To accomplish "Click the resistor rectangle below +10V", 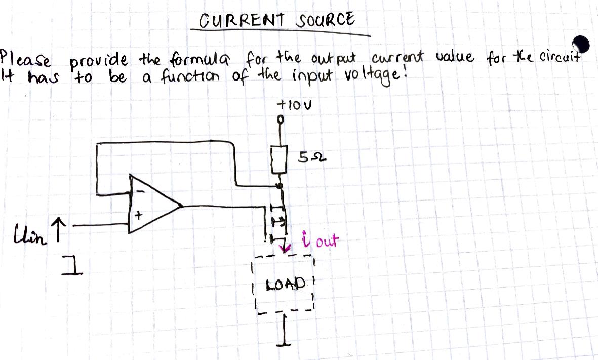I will click(280, 158).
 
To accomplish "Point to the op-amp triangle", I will click(152, 205).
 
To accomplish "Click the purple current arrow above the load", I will click(287, 248).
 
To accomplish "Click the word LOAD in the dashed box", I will click(286, 282).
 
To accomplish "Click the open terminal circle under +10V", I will click(279, 121).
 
